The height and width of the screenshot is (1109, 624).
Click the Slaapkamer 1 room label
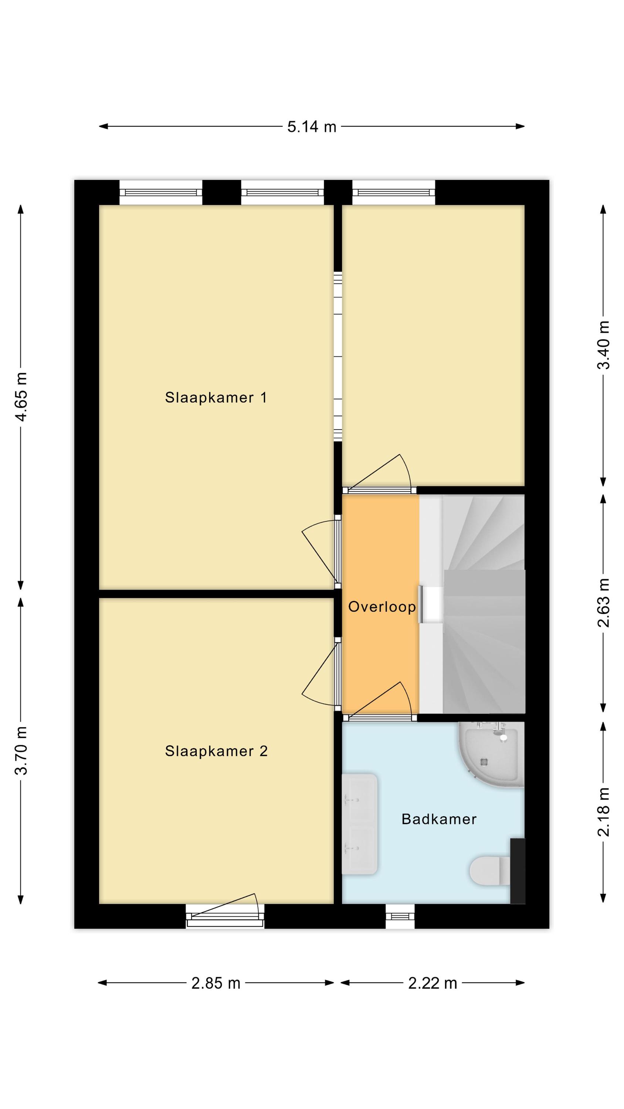216,397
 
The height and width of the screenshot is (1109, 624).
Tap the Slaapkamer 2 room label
216,751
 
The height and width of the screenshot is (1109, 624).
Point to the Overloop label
382,607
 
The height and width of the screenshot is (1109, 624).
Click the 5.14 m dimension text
312,126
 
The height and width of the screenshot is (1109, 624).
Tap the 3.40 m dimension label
603,345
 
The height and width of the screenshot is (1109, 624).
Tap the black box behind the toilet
518,871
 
